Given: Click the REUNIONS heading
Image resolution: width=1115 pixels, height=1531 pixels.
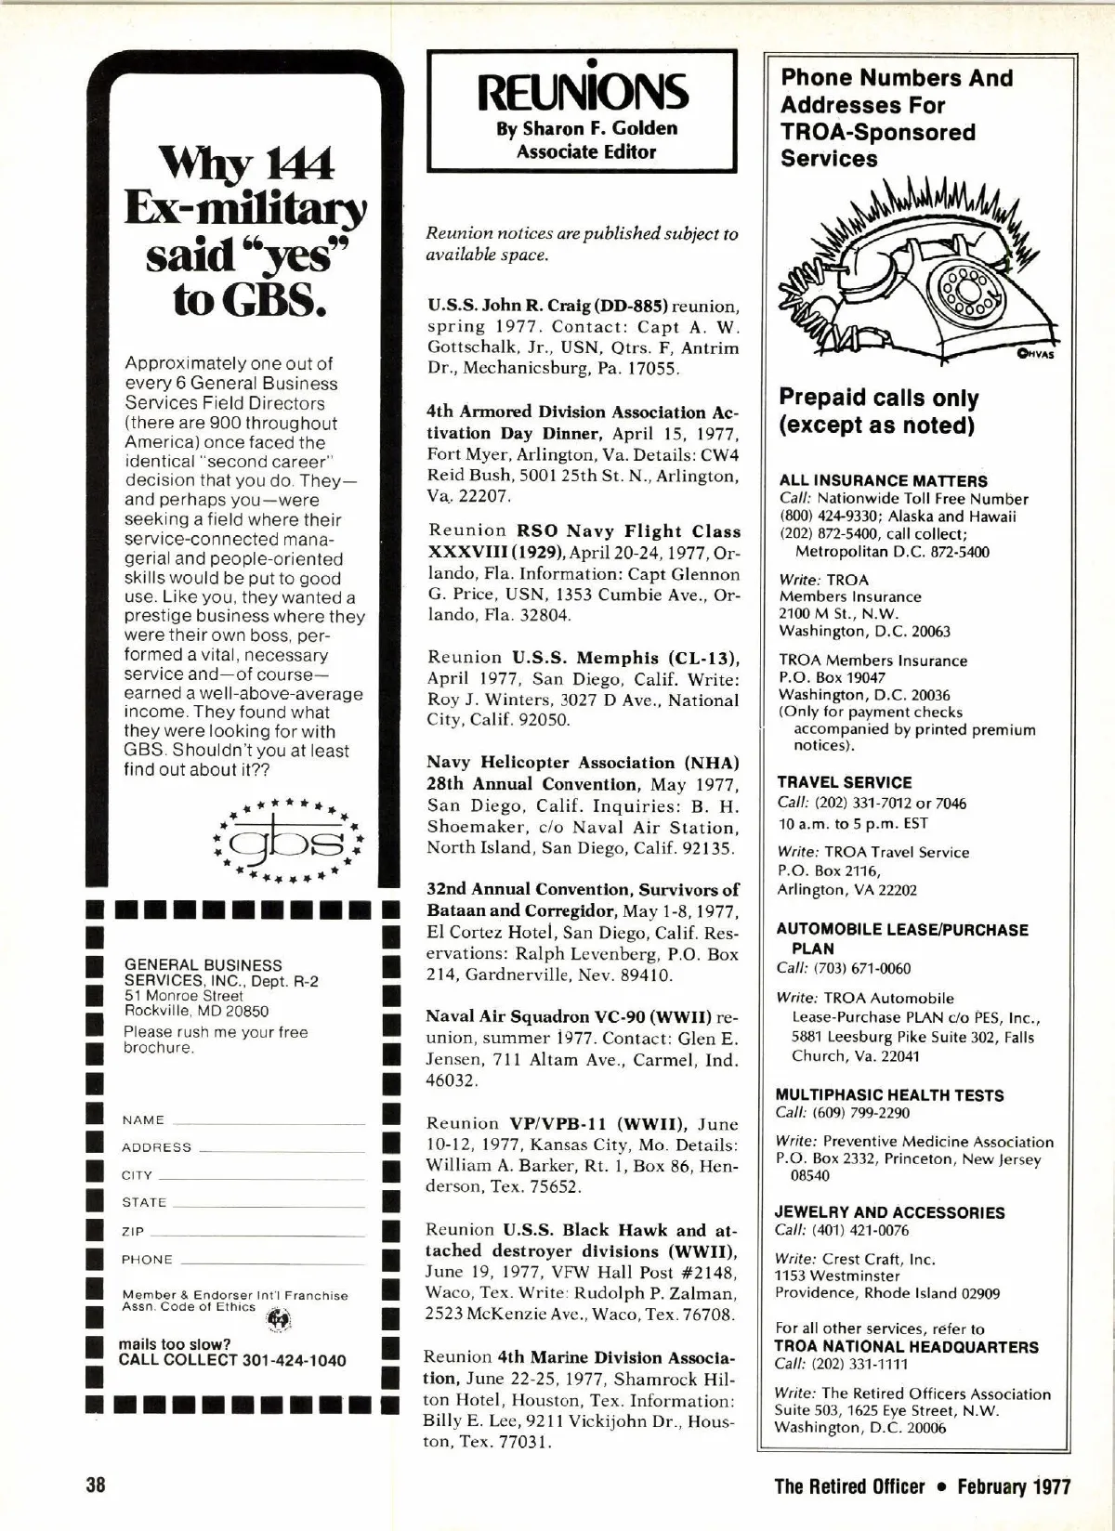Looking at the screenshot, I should pyautogui.click(x=582, y=92).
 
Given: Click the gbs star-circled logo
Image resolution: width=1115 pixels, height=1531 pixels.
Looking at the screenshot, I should pyautogui.click(x=287, y=840).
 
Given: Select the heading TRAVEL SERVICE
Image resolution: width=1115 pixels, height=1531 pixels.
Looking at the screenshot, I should pyautogui.click(x=845, y=782).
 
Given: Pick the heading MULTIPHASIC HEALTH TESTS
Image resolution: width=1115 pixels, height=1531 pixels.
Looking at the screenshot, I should pyautogui.click(x=889, y=1095).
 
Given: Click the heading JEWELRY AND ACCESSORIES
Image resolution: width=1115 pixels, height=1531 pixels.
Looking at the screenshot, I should pyautogui.click(x=890, y=1212).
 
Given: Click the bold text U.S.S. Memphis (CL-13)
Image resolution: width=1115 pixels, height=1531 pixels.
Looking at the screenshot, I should pyautogui.click(x=625, y=659).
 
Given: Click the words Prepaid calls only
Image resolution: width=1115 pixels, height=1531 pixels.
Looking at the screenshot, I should pyautogui.click(x=878, y=399).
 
